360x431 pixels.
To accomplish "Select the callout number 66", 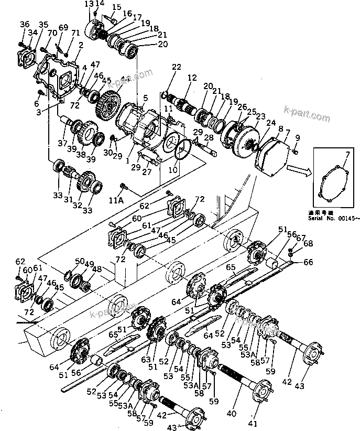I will (308, 262).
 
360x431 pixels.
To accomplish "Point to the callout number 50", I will (80, 261).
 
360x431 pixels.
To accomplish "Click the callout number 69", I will (63, 27).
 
